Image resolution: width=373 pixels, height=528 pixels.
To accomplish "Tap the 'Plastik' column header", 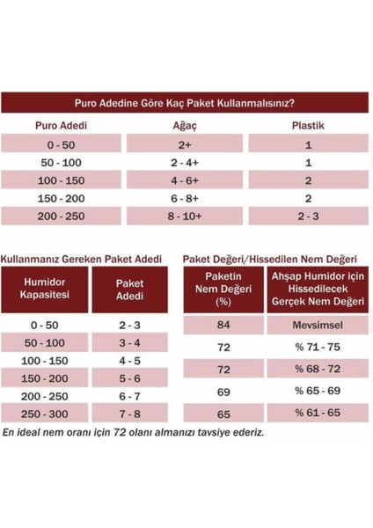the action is [308, 125].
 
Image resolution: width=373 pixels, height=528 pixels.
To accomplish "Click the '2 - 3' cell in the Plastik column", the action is [308, 216].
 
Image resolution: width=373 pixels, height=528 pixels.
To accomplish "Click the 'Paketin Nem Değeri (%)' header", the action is [223, 290].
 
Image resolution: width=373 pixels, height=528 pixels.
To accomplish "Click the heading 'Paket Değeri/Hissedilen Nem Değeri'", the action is [269, 260].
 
